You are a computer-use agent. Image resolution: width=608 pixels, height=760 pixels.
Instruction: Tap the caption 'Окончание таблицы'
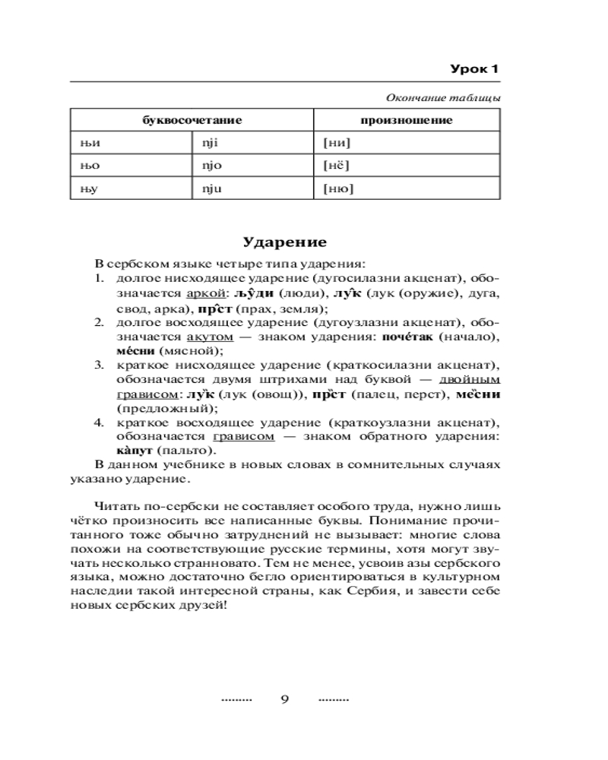click(x=443, y=98)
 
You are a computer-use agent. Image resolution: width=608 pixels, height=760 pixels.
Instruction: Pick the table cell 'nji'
click(x=209, y=141)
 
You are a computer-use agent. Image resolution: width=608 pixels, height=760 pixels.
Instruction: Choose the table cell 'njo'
click(x=211, y=164)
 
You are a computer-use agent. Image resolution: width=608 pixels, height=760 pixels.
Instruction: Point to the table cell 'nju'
click(x=211, y=188)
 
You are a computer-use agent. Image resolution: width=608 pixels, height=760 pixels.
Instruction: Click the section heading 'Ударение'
click(x=285, y=242)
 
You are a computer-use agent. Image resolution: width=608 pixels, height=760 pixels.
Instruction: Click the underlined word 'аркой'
click(x=204, y=293)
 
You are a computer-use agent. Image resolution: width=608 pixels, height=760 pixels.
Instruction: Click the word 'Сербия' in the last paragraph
click(x=386, y=594)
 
